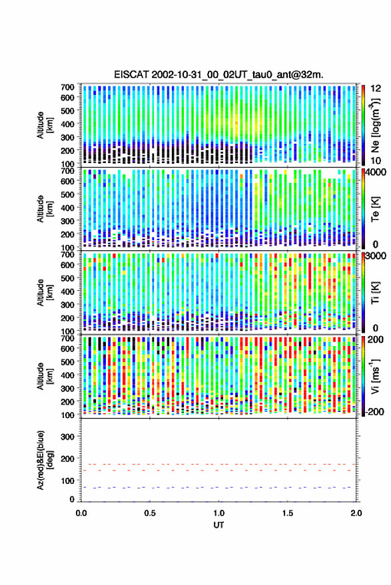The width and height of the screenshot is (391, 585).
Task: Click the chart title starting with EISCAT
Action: (x=218, y=75)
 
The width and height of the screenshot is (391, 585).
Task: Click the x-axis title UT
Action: (x=218, y=525)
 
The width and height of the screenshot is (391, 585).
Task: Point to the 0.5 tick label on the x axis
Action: (x=150, y=513)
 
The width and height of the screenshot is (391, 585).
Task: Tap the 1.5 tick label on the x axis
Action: (x=287, y=513)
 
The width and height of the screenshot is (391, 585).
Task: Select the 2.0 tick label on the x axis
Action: (x=356, y=513)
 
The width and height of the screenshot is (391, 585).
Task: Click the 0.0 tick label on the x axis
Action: (x=81, y=513)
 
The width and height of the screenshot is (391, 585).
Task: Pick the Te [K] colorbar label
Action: (x=375, y=209)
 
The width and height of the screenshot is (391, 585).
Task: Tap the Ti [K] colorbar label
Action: (x=375, y=293)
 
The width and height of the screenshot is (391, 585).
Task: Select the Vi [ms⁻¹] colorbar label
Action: (x=375, y=376)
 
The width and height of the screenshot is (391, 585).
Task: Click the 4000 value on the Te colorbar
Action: (x=376, y=173)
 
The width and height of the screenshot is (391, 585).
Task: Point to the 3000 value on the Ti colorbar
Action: (x=376, y=256)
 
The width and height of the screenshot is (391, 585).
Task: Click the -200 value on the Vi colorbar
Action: (x=375, y=411)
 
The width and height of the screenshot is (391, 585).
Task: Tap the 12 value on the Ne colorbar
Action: (x=376, y=89)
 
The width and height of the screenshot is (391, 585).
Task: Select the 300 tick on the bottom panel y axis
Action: (x=67, y=437)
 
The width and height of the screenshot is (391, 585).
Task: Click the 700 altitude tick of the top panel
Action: (x=67, y=87)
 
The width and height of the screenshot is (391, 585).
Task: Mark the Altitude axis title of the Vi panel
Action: (x=45, y=376)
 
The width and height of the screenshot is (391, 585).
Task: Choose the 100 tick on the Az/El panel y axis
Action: (x=67, y=481)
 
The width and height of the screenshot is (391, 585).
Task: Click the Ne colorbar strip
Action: (x=363, y=125)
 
